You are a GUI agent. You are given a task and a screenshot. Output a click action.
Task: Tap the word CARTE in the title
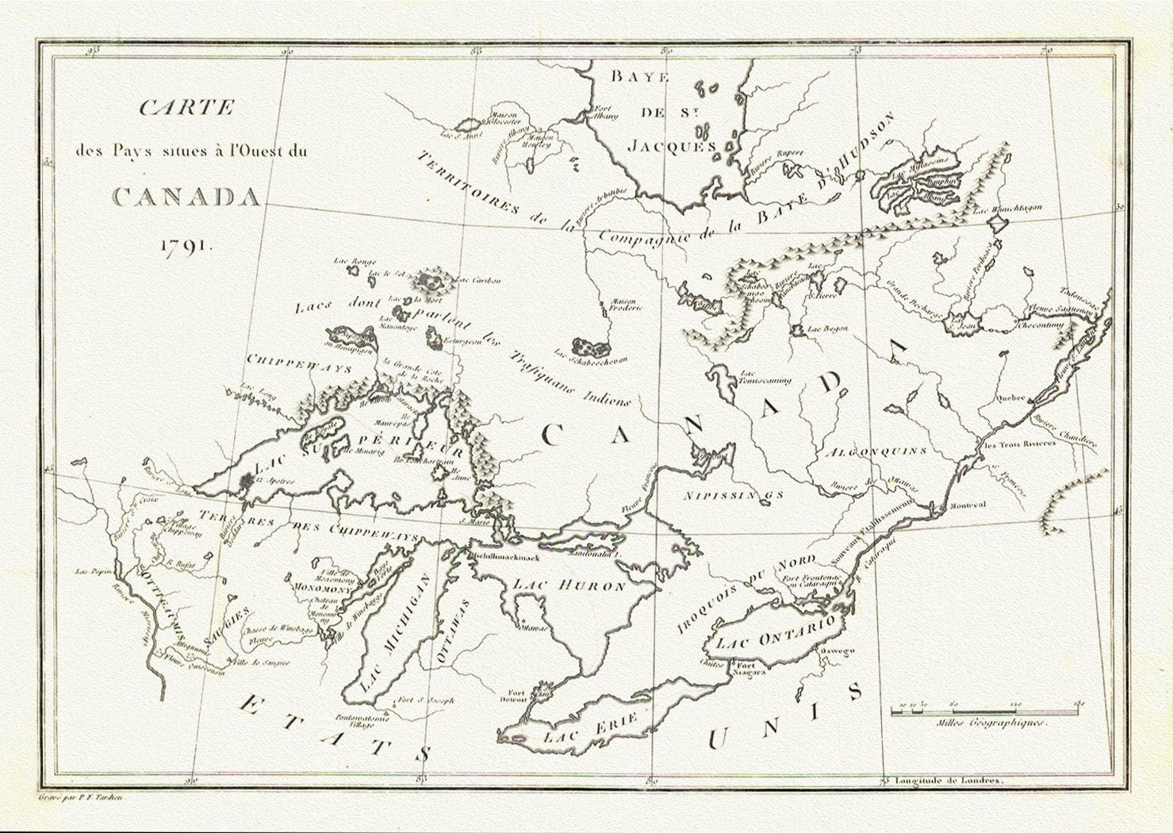186,108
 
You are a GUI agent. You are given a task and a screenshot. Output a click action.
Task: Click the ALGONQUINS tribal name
875,451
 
